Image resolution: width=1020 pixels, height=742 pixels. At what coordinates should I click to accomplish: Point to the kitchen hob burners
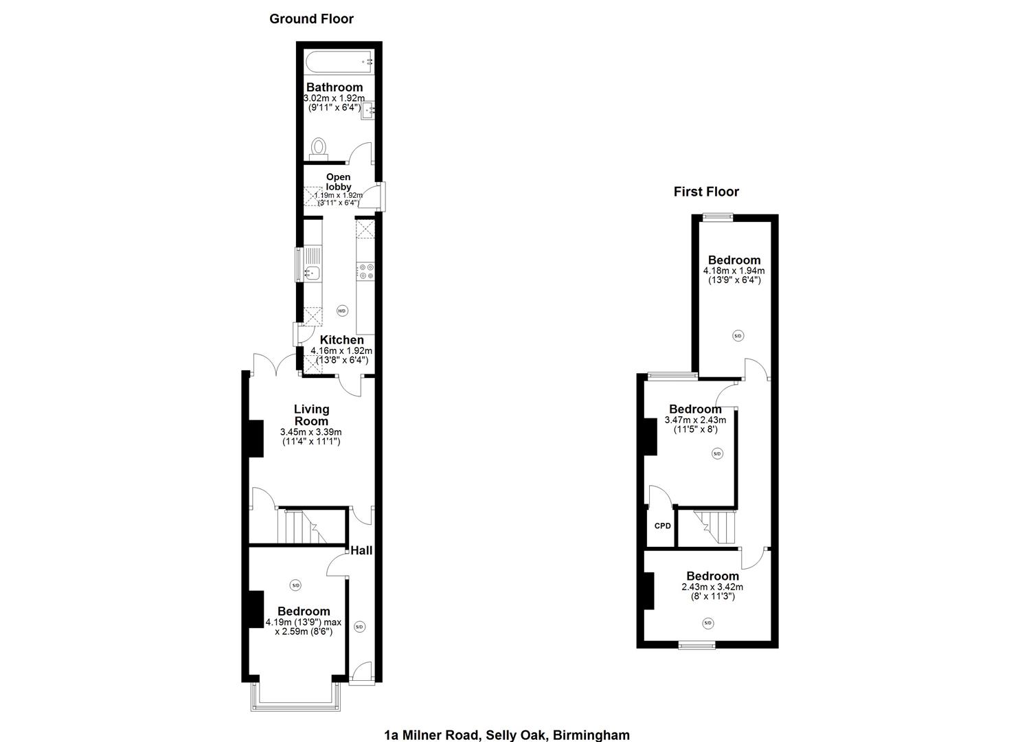point(365,271)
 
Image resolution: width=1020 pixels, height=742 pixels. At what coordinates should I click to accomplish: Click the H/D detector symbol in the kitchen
point(342,311)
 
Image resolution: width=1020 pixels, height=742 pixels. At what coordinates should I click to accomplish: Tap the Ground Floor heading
point(311,19)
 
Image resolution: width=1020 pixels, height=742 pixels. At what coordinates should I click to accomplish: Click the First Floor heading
point(706,192)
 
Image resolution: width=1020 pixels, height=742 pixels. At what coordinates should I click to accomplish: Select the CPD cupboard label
point(662,526)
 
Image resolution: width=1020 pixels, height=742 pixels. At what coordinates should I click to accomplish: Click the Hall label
point(361,550)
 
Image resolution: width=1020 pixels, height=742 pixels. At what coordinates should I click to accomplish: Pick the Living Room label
point(311,415)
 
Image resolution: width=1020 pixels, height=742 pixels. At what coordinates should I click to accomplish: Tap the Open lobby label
point(339,182)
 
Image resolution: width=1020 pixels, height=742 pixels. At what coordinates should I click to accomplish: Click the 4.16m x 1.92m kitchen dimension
point(341,350)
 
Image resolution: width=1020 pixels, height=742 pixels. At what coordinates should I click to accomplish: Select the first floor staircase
point(714,527)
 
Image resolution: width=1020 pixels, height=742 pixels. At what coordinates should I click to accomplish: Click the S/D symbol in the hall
point(359,627)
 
